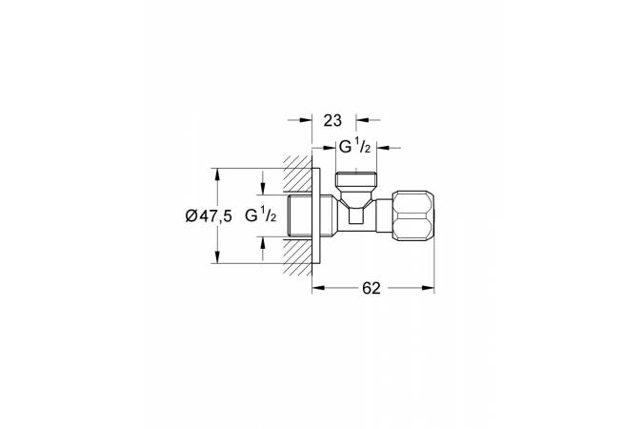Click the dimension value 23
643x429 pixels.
click(x=332, y=121)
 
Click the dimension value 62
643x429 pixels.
click(x=372, y=288)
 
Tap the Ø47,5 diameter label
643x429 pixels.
click(x=209, y=215)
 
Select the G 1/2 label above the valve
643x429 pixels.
click(x=353, y=147)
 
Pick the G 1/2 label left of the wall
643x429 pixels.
click(x=261, y=215)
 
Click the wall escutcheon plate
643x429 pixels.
click(x=316, y=215)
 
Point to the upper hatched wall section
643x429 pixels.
click(x=297, y=174)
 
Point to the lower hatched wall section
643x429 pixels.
click(x=297, y=255)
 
